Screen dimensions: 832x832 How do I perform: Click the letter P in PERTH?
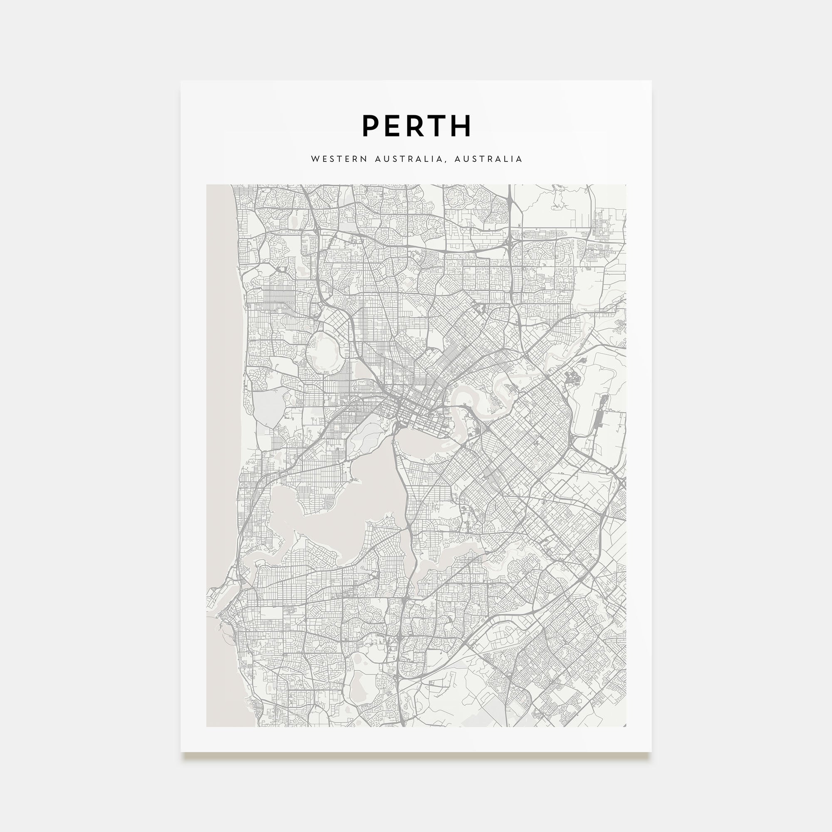[370, 126]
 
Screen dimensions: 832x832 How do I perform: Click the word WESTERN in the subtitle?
[339, 159]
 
